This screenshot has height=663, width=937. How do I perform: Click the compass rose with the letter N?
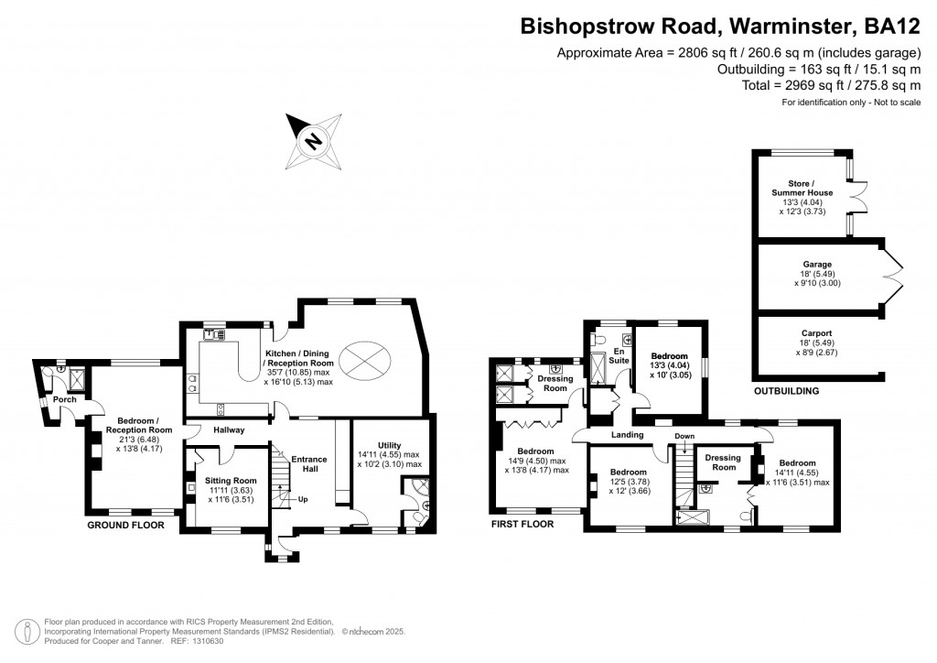pos(314,141)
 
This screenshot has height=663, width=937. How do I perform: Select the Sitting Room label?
pos(231,480)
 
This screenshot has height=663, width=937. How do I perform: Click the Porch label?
pos(64,399)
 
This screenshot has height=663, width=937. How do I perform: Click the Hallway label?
pos(229,429)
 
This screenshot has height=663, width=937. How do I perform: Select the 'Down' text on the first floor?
pos(685,436)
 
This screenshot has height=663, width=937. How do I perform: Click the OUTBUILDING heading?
pos(786,391)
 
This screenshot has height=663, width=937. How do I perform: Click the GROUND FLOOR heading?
pos(125,526)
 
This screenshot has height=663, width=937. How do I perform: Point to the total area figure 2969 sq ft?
pos(794,84)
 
